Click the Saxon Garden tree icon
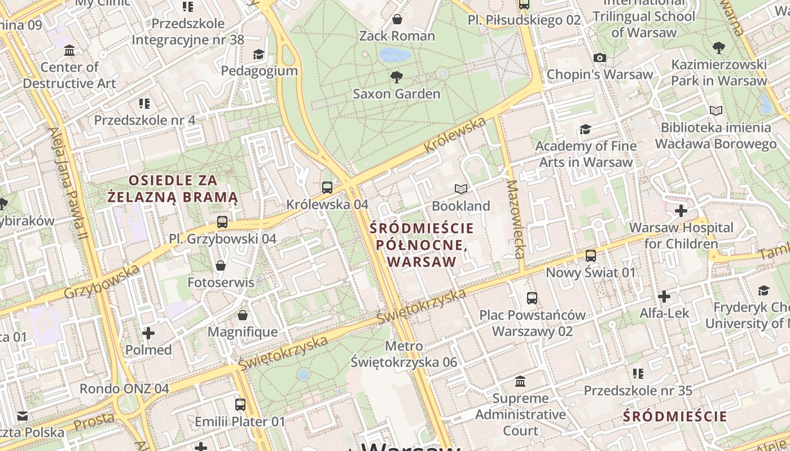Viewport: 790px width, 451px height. tap(397, 77)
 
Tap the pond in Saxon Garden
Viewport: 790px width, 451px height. tap(395, 55)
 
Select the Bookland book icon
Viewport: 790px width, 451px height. tap(461, 189)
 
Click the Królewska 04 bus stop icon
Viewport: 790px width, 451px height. tap(327, 187)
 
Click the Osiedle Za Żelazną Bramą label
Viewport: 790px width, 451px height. tap(173, 189)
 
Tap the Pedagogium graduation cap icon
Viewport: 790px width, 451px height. tap(258, 54)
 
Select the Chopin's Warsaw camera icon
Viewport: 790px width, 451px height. tap(600, 58)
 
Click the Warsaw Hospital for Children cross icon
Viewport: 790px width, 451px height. tap(681, 211)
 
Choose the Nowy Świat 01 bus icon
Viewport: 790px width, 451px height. tap(591, 255)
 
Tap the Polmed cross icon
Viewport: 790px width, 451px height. tap(148, 333)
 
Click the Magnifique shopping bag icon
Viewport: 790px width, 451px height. tap(243, 315)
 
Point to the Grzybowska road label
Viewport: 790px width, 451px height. tap(102, 281)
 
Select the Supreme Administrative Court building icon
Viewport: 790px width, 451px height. tap(520, 382)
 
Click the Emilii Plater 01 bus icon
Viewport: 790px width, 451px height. tap(240, 404)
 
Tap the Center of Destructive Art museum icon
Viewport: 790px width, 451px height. tap(69, 51)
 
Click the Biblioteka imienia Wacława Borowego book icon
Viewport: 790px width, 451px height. tap(716, 110)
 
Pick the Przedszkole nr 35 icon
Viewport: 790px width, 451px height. tap(638, 374)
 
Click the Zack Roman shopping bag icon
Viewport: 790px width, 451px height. tap(397, 19)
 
